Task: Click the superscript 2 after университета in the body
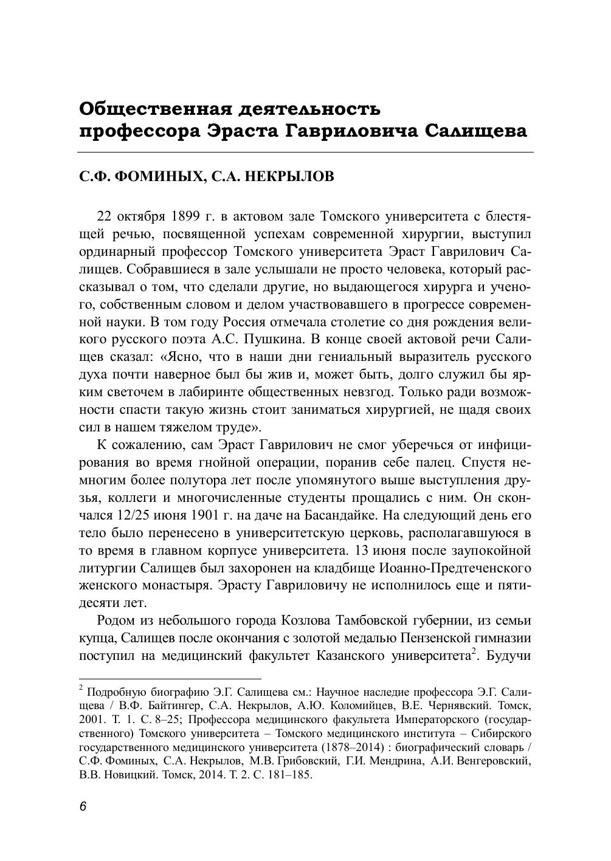click(472, 652)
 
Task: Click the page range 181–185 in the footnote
click(286, 775)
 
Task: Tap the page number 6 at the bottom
click(83, 806)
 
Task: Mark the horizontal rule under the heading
click(305, 152)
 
